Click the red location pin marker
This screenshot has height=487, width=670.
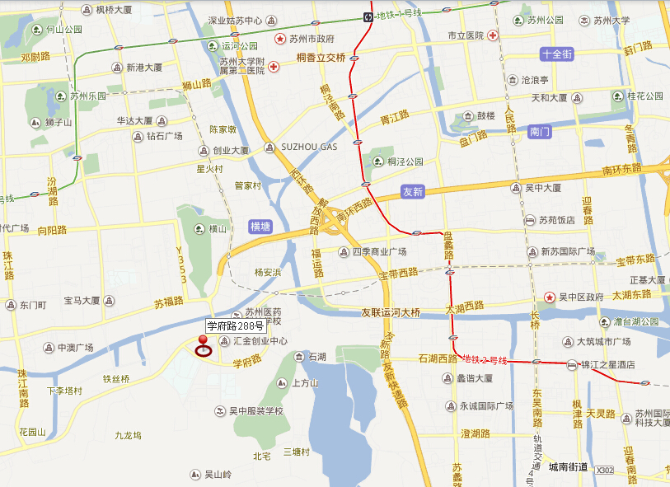pyautogui.click(x=202, y=345)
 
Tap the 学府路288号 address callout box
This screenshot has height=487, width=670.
pyautogui.click(x=236, y=325)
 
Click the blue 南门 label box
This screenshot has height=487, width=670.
pyautogui.click(x=541, y=131)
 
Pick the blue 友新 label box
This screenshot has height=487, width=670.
pyautogui.click(x=413, y=191)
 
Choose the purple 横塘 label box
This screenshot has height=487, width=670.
pyautogui.click(x=260, y=226)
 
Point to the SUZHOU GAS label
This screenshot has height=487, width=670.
pyautogui.click(x=309, y=147)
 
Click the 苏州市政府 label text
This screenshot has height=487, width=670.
pyautogui.click(x=311, y=39)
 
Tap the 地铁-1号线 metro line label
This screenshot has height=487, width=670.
pyautogui.click(x=398, y=14)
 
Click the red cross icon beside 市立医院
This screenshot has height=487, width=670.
pyautogui.click(x=493, y=35)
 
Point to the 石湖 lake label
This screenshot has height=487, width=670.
pyautogui.click(x=317, y=357)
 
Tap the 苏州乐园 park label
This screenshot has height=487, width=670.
pyautogui.click(x=88, y=96)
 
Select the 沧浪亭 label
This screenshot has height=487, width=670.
pyautogui.click(x=535, y=80)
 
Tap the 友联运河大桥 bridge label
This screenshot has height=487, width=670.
pyautogui.click(x=391, y=312)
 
